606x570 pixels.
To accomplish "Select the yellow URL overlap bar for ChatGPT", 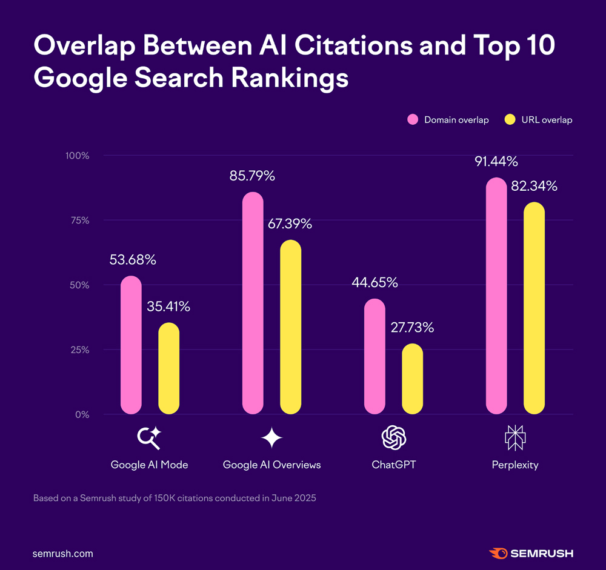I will coord(412,379).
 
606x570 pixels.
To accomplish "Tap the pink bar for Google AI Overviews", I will coord(253,303).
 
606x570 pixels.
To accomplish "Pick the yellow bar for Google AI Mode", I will coord(168,368).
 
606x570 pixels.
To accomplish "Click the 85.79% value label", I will coord(252,176).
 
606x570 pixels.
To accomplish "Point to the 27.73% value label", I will coord(411,328).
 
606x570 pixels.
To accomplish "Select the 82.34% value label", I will coord(534,186).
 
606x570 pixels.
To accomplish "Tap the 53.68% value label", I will coord(133,260).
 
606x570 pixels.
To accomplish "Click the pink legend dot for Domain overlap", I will coord(413,119).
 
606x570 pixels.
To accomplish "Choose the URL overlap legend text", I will coord(546,120).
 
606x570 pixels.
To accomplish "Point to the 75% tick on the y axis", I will coord(78,220).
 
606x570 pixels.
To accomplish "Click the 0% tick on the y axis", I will coord(81,415).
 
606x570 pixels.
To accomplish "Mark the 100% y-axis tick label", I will coord(76,156).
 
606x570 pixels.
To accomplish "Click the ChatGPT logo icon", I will coord(393,438).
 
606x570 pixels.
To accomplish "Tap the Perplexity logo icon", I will coord(514,438).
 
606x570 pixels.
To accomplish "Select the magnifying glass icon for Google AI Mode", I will coord(149,438).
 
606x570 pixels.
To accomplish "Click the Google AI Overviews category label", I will coord(271,465).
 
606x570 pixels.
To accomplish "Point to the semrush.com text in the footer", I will coord(63,554).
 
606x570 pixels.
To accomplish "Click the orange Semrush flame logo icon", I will coord(498,553).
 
